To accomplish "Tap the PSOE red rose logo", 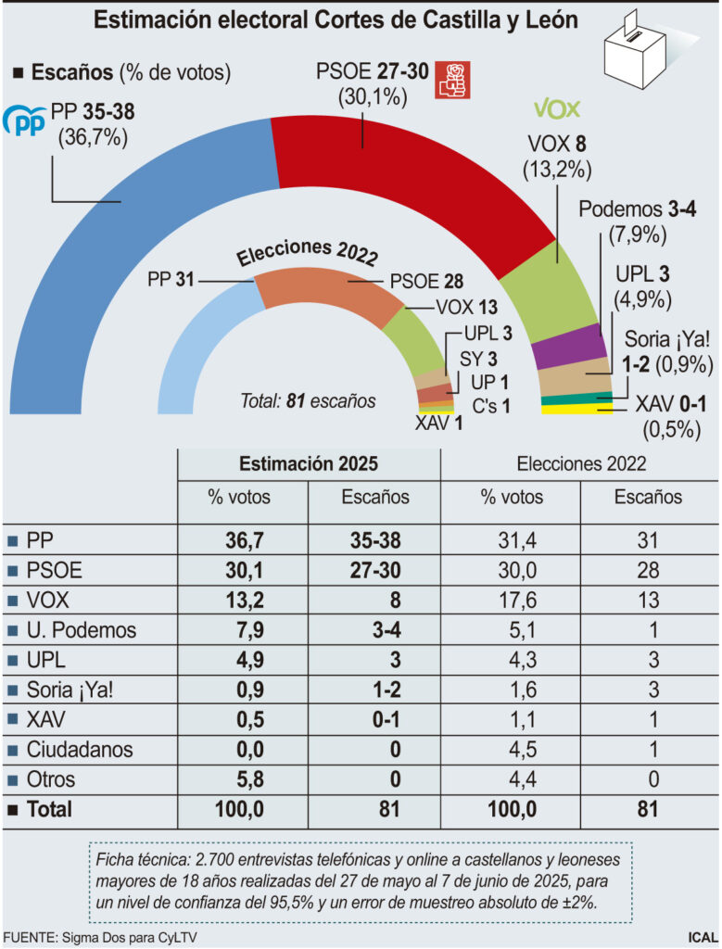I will click(x=454, y=81).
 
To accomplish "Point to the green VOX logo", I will click(x=556, y=108).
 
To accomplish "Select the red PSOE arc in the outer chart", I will click(x=389, y=176).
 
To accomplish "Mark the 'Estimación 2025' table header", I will click(x=309, y=463).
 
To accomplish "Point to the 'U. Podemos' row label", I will click(x=82, y=630).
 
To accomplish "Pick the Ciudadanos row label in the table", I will click(x=80, y=750).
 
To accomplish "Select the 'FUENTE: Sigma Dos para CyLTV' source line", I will click(x=100, y=937).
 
